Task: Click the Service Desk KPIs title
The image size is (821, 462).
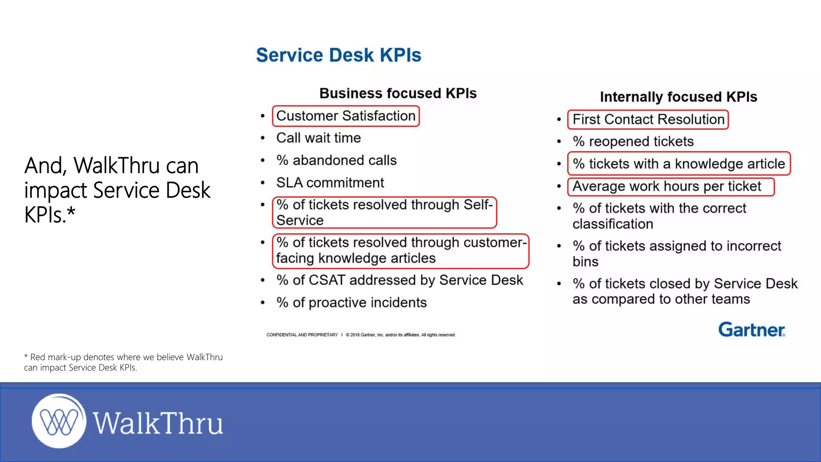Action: click(339, 55)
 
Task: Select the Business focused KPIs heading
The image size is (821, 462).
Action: click(398, 93)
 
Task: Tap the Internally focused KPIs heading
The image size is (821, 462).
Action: click(678, 97)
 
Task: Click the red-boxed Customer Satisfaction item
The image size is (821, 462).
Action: click(346, 116)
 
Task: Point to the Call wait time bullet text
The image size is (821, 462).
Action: click(318, 138)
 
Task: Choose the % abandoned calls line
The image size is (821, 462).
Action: click(336, 160)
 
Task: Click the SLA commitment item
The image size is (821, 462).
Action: click(330, 183)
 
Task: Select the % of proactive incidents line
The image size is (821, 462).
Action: click(351, 302)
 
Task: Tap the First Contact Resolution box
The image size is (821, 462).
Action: click(648, 120)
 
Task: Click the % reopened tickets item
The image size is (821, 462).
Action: click(633, 142)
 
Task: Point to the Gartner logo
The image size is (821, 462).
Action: click(751, 330)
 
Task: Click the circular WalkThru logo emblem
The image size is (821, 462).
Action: click(59, 421)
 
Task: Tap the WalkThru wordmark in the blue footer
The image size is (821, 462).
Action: click(158, 423)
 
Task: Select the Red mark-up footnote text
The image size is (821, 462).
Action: click(123, 362)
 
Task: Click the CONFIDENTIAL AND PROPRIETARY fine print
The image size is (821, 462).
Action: click(302, 335)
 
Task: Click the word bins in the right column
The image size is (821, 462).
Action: click(585, 261)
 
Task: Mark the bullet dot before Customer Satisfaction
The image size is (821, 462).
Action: click(263, 116)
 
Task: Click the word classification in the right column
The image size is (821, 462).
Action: click(613, 224)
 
